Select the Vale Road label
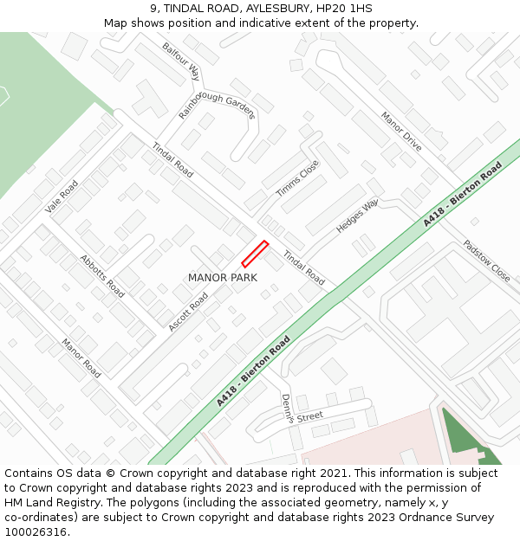click(x=62, y=196)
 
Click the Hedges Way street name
click(x=357, y=216)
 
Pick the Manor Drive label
click(x=401, y=132)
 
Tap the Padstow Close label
click(x=486, y=261)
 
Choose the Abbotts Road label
click(x=101, y=276)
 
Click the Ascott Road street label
click(x=188, y=312)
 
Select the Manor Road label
click(x=81, y=357)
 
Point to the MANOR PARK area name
click(x=223, y=278)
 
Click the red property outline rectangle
click(x=255, y=254)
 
